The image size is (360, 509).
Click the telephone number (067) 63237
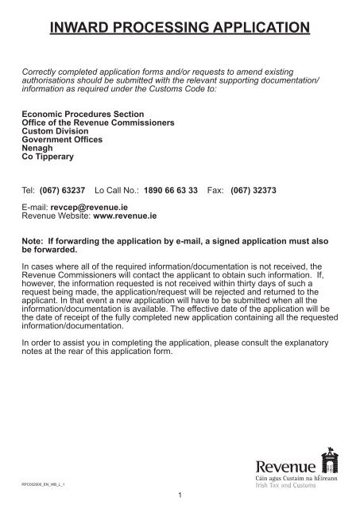point(60,192)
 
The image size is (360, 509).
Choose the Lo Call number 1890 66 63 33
point(172,192)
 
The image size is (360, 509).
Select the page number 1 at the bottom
point(181,497)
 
